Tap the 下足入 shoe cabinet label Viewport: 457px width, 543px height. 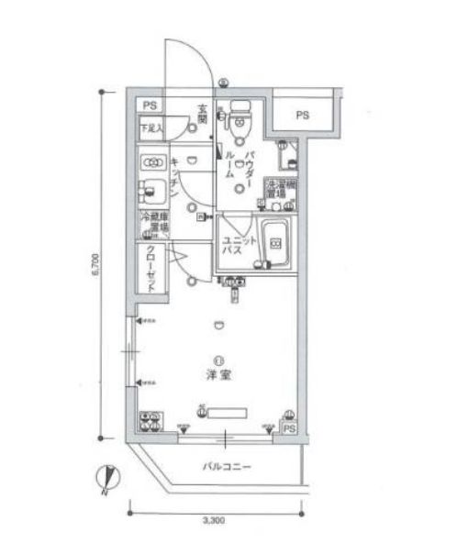[151, 129]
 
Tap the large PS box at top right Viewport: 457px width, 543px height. [301, 115]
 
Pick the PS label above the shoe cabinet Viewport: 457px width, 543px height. [150, 107]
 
